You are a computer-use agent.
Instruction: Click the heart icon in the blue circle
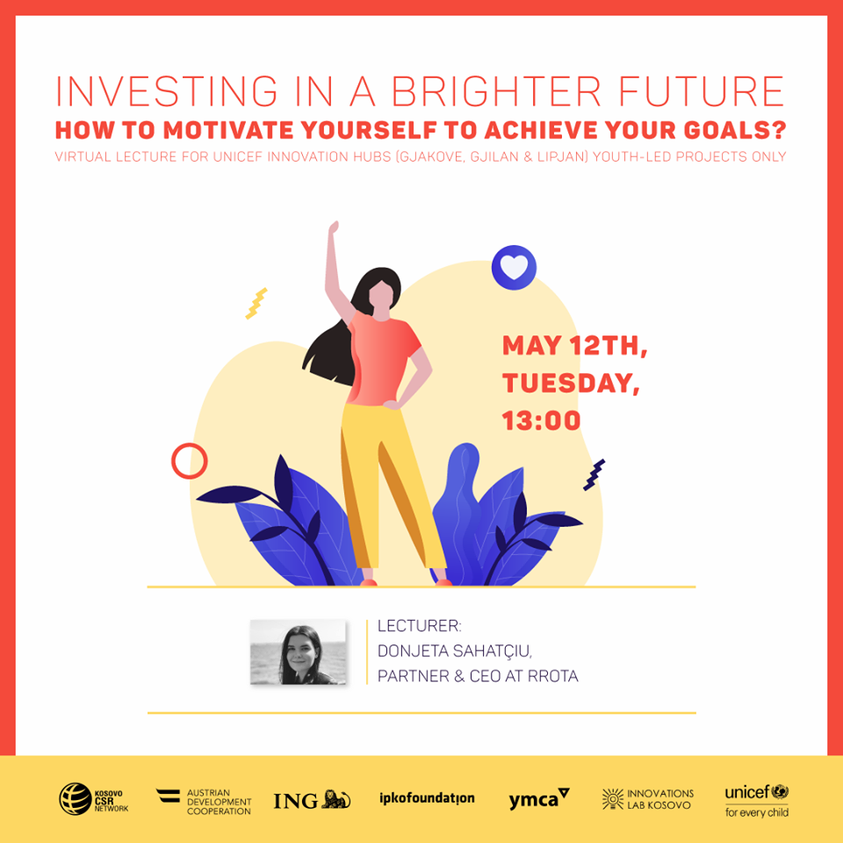514,267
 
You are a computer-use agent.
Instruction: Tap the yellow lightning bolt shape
256,303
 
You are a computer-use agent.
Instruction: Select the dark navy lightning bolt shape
594,474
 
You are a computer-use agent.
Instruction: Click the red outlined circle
189,461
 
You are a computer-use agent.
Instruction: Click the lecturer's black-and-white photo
298,652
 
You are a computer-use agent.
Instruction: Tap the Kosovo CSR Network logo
93,798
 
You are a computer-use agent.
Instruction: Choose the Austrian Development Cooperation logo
204,800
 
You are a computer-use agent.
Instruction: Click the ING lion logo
312,800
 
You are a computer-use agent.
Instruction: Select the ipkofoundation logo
427,798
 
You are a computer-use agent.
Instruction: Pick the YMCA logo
538,799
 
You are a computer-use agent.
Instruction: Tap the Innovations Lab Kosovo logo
648,799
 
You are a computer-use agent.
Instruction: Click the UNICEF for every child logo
756,800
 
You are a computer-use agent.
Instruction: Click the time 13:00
541,420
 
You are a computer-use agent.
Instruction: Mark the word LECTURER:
419,625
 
